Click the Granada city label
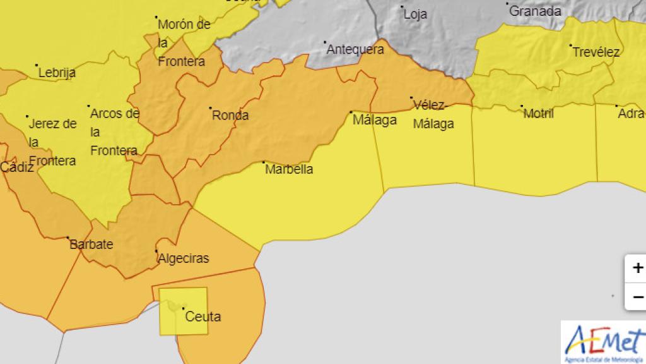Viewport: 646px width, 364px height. point(535,11)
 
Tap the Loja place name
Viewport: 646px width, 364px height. point(415,14)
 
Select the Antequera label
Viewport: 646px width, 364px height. point(355,49)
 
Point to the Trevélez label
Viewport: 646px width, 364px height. point(596,52)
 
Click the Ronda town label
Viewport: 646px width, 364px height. point(230,116)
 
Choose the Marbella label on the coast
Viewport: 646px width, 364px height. point(289,169)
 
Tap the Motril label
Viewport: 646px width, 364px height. point(539,114)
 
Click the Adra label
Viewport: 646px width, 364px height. point(631,114)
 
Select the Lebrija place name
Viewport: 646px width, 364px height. point(57,73)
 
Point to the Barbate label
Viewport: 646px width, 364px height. point(91,244)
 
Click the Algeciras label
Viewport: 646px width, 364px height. point(183,258)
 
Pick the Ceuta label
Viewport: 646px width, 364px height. point(203,316)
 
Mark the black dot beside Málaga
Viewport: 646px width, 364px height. point(351,112)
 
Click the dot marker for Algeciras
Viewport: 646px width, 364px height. point(156,251)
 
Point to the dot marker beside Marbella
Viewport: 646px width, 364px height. point(264,162)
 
